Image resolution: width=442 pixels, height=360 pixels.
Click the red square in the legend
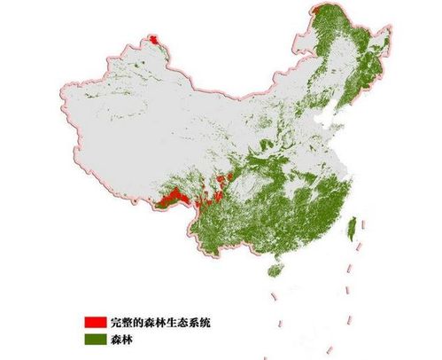(96, 320)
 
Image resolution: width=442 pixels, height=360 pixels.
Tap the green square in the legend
(96, 336)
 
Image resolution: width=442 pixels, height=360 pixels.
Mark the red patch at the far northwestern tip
(156, 41)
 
